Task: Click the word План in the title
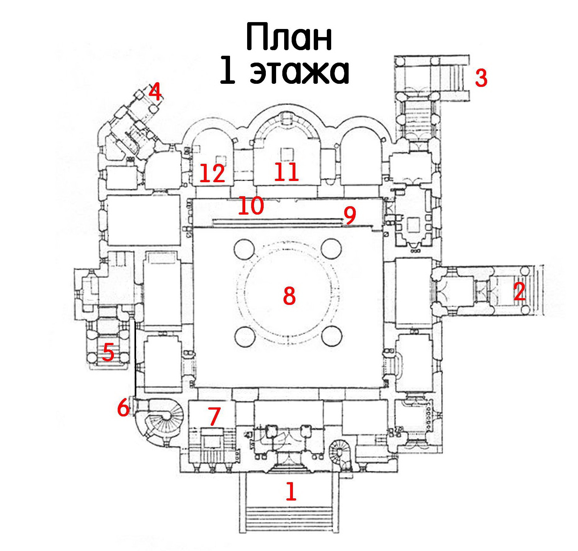[x=289, y=37]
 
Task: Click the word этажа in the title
[x=299, y=72]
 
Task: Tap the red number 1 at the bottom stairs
[x=291, y=491]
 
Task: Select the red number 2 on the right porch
[x=519, y=291]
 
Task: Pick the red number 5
[x=108, y=352]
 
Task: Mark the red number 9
[x=350, y=215]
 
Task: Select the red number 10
[x=251, y=205]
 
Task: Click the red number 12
[x=212, y=173]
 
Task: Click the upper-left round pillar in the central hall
[x=244, y=249]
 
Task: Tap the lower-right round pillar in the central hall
[x=332, y=336]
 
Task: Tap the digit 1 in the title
[x=227, y=71]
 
